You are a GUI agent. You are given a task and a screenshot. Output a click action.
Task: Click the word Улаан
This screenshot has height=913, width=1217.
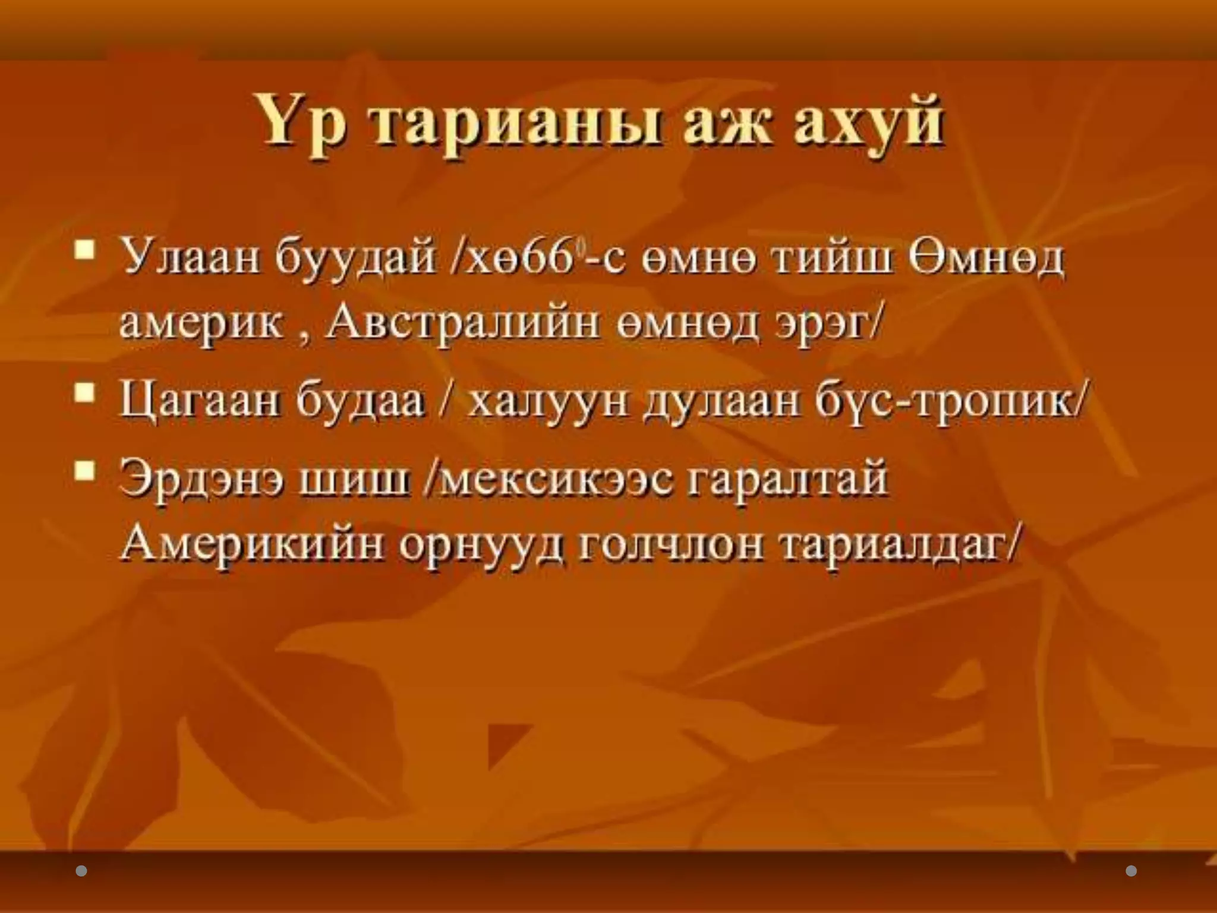(190, 260)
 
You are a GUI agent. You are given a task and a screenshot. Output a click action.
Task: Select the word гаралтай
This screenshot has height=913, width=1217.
(787, 479)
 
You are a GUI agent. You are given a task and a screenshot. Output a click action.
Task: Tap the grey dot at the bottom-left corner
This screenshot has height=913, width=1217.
(82, 871)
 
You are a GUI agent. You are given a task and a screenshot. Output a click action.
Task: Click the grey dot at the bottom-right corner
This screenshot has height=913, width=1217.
(1131, 871)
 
